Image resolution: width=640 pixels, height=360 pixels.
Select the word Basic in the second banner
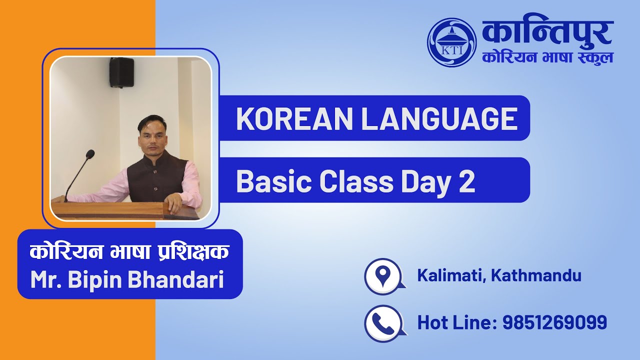point(273,181)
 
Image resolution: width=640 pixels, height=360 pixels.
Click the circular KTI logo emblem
point(451,42)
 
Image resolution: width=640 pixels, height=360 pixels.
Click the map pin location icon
point(382,275)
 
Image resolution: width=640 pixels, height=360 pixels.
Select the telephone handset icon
point(382,322)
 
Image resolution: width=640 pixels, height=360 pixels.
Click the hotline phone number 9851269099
point(554,322)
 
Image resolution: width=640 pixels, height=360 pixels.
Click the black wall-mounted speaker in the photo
point(121,72)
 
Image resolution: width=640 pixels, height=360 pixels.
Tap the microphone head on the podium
point(90,154)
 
